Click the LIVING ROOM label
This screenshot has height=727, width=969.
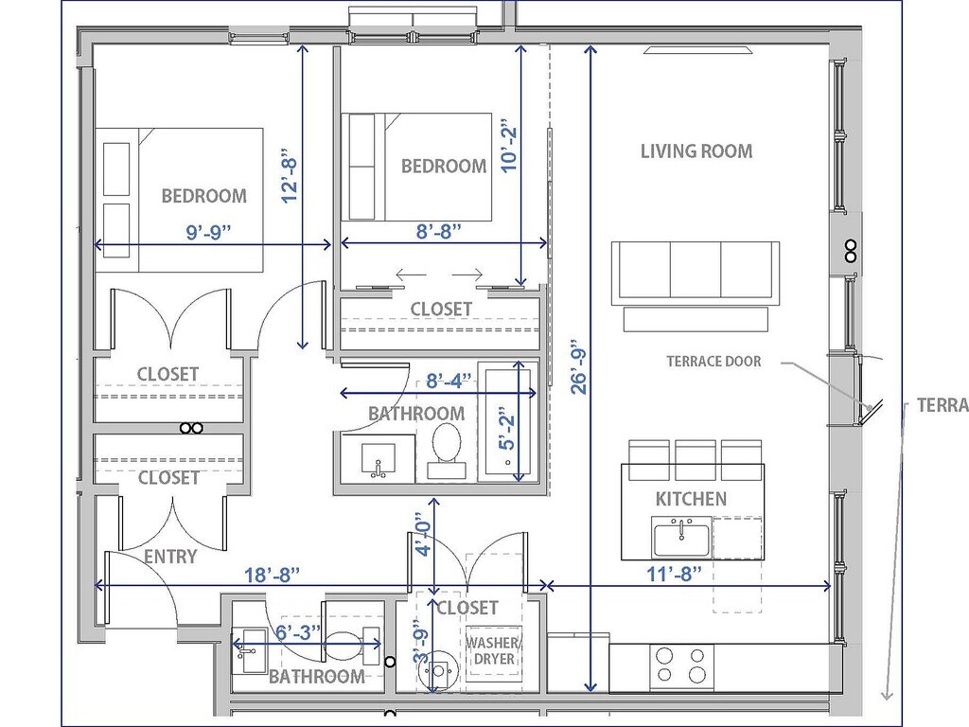696,151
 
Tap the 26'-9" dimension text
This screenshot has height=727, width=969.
578,366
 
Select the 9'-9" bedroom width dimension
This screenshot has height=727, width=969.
208,233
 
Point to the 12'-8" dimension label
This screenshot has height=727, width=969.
289,175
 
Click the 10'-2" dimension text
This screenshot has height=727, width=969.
508,146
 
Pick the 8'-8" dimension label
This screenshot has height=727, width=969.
439,231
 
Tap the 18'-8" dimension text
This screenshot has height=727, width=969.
272,575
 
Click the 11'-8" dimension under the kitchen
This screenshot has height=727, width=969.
674,574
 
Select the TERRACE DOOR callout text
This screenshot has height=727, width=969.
714,362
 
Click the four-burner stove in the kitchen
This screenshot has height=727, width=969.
681,665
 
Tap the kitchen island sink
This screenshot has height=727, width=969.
681,538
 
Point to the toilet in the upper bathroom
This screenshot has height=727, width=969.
447,452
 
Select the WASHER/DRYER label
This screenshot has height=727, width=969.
493,651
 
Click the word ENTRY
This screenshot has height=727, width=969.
170,557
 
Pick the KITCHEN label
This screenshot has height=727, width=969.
691,499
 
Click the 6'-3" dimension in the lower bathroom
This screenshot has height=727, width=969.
298,632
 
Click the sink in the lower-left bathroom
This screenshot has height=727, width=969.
250,650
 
